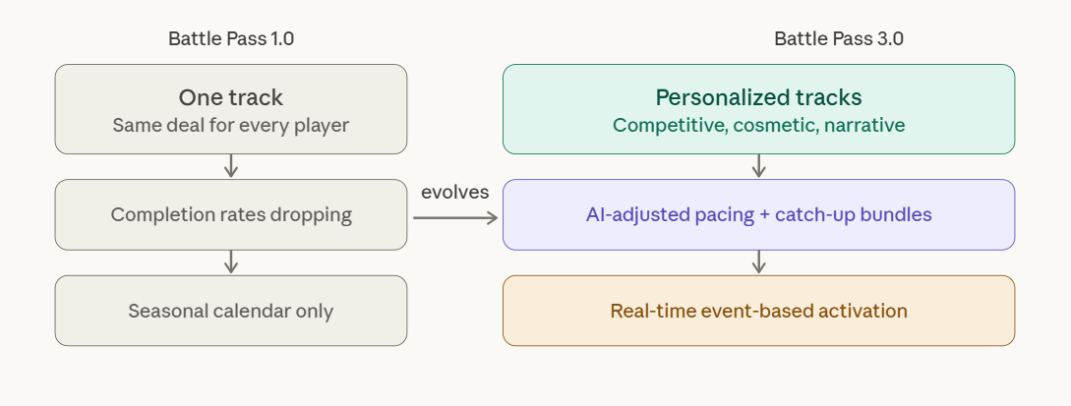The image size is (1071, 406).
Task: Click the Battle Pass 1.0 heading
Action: (231, 39)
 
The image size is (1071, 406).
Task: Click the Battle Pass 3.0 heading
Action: (839, 39)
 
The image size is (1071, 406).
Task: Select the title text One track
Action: (231, 97)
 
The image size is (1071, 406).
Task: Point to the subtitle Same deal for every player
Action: (231, 126)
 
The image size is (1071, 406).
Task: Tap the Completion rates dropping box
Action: (231, 214)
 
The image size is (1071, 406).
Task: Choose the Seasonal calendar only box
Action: (231, 311)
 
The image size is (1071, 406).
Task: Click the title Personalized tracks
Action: (758, 97)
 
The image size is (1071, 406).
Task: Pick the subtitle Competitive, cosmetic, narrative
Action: (758, 126)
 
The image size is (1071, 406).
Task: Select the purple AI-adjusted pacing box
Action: (758, 214)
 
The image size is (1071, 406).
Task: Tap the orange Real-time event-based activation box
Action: (758, 311)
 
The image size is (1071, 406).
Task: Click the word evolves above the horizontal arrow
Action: (454, 193)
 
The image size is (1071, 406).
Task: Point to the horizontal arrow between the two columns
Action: (454, 217)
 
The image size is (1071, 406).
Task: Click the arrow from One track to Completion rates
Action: (231, 166)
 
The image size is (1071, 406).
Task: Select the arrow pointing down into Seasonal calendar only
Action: (231, 261)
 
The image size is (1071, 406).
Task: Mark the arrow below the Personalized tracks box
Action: (758, 166)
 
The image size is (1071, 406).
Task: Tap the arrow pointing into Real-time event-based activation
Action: (758, 261)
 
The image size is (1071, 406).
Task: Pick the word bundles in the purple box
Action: (896, 214)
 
